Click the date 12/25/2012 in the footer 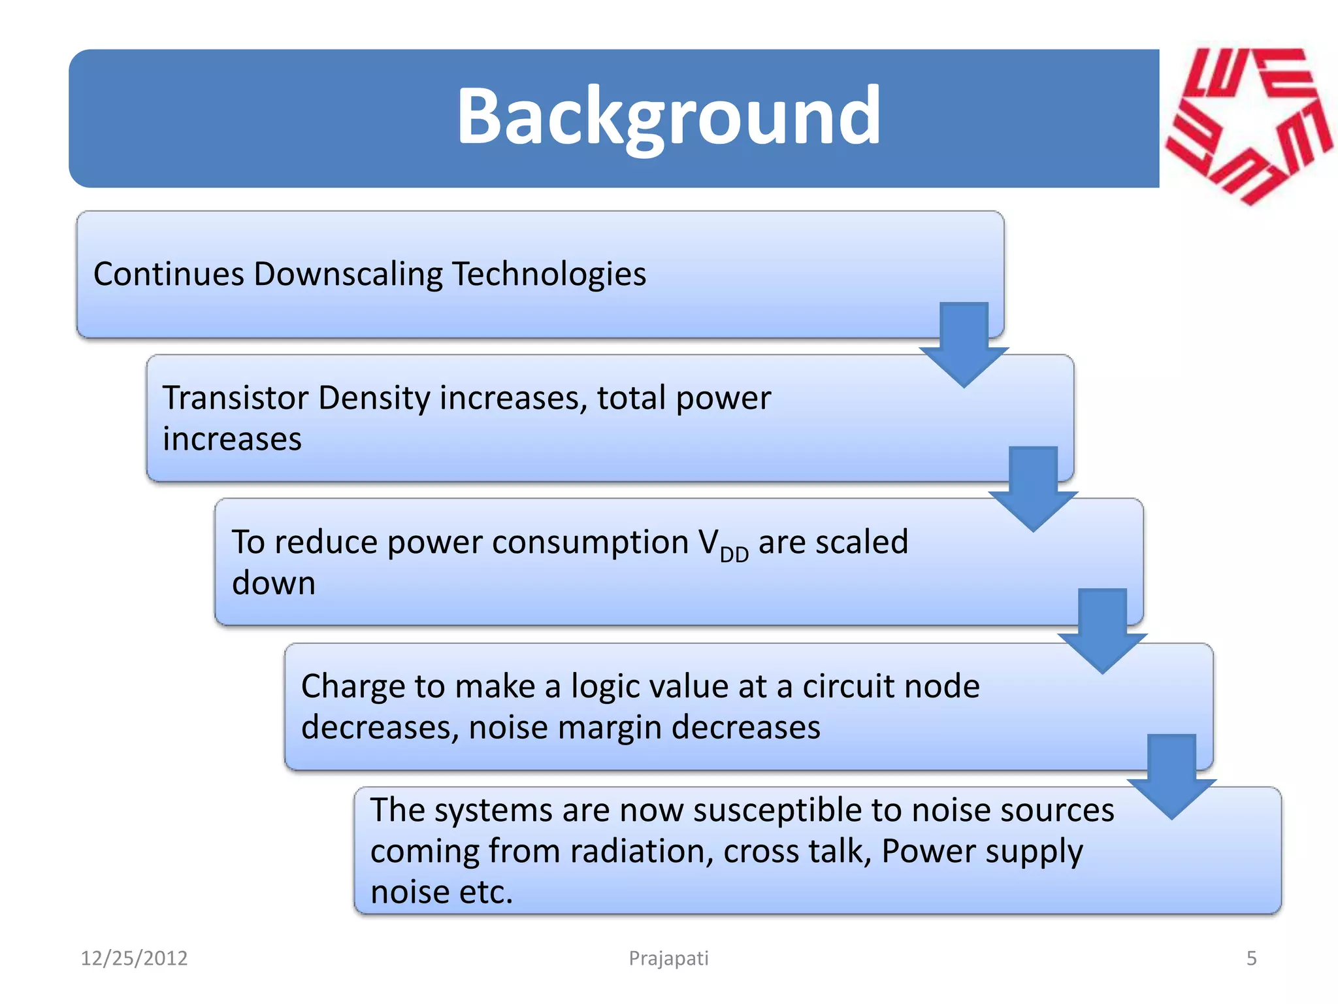pyautogui.click(x=134, y=958)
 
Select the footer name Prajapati pyautogui.click(x=668, y=958)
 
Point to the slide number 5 pyautogui.click(x=1251, y=958)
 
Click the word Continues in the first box pyautogui.click(x=169, y=274)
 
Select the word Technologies pyautogui.click(x=549, y=274)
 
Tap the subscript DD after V pyautogui.click(x=734, y=554)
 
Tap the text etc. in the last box pyautogui.click(x=486, y=893)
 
